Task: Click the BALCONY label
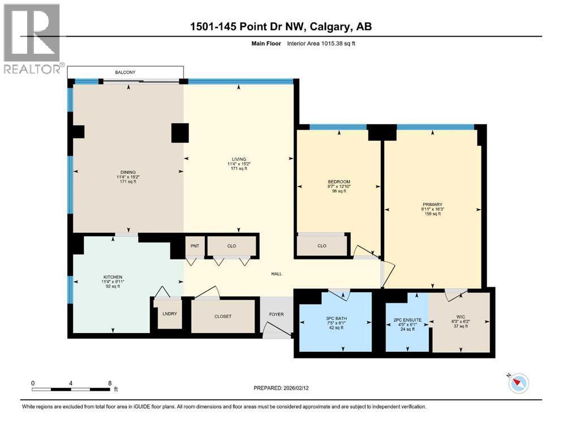coord(126,72)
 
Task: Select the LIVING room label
coord(238,159)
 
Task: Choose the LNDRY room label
coord(168,314)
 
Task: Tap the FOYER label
coord(276,314)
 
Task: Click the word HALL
coord(276,274)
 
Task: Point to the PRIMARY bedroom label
coord(432,204)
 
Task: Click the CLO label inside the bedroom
coord(322,246)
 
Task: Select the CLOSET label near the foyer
coord(223,316)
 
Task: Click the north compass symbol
coord(518,383)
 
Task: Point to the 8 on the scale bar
coord(109,382)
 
